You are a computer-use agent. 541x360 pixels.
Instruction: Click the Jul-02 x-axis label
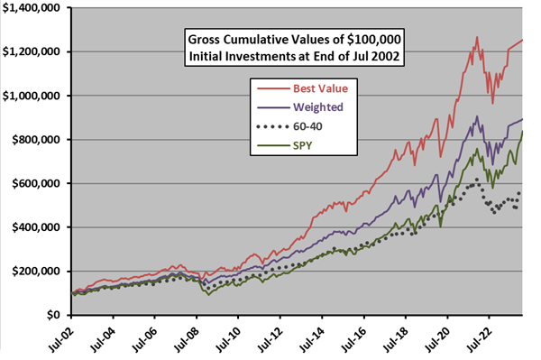63,338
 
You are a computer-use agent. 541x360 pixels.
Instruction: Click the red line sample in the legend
270,89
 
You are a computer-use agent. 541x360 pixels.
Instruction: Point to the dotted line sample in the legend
270,125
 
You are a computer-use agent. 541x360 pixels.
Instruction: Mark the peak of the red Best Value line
475,37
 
